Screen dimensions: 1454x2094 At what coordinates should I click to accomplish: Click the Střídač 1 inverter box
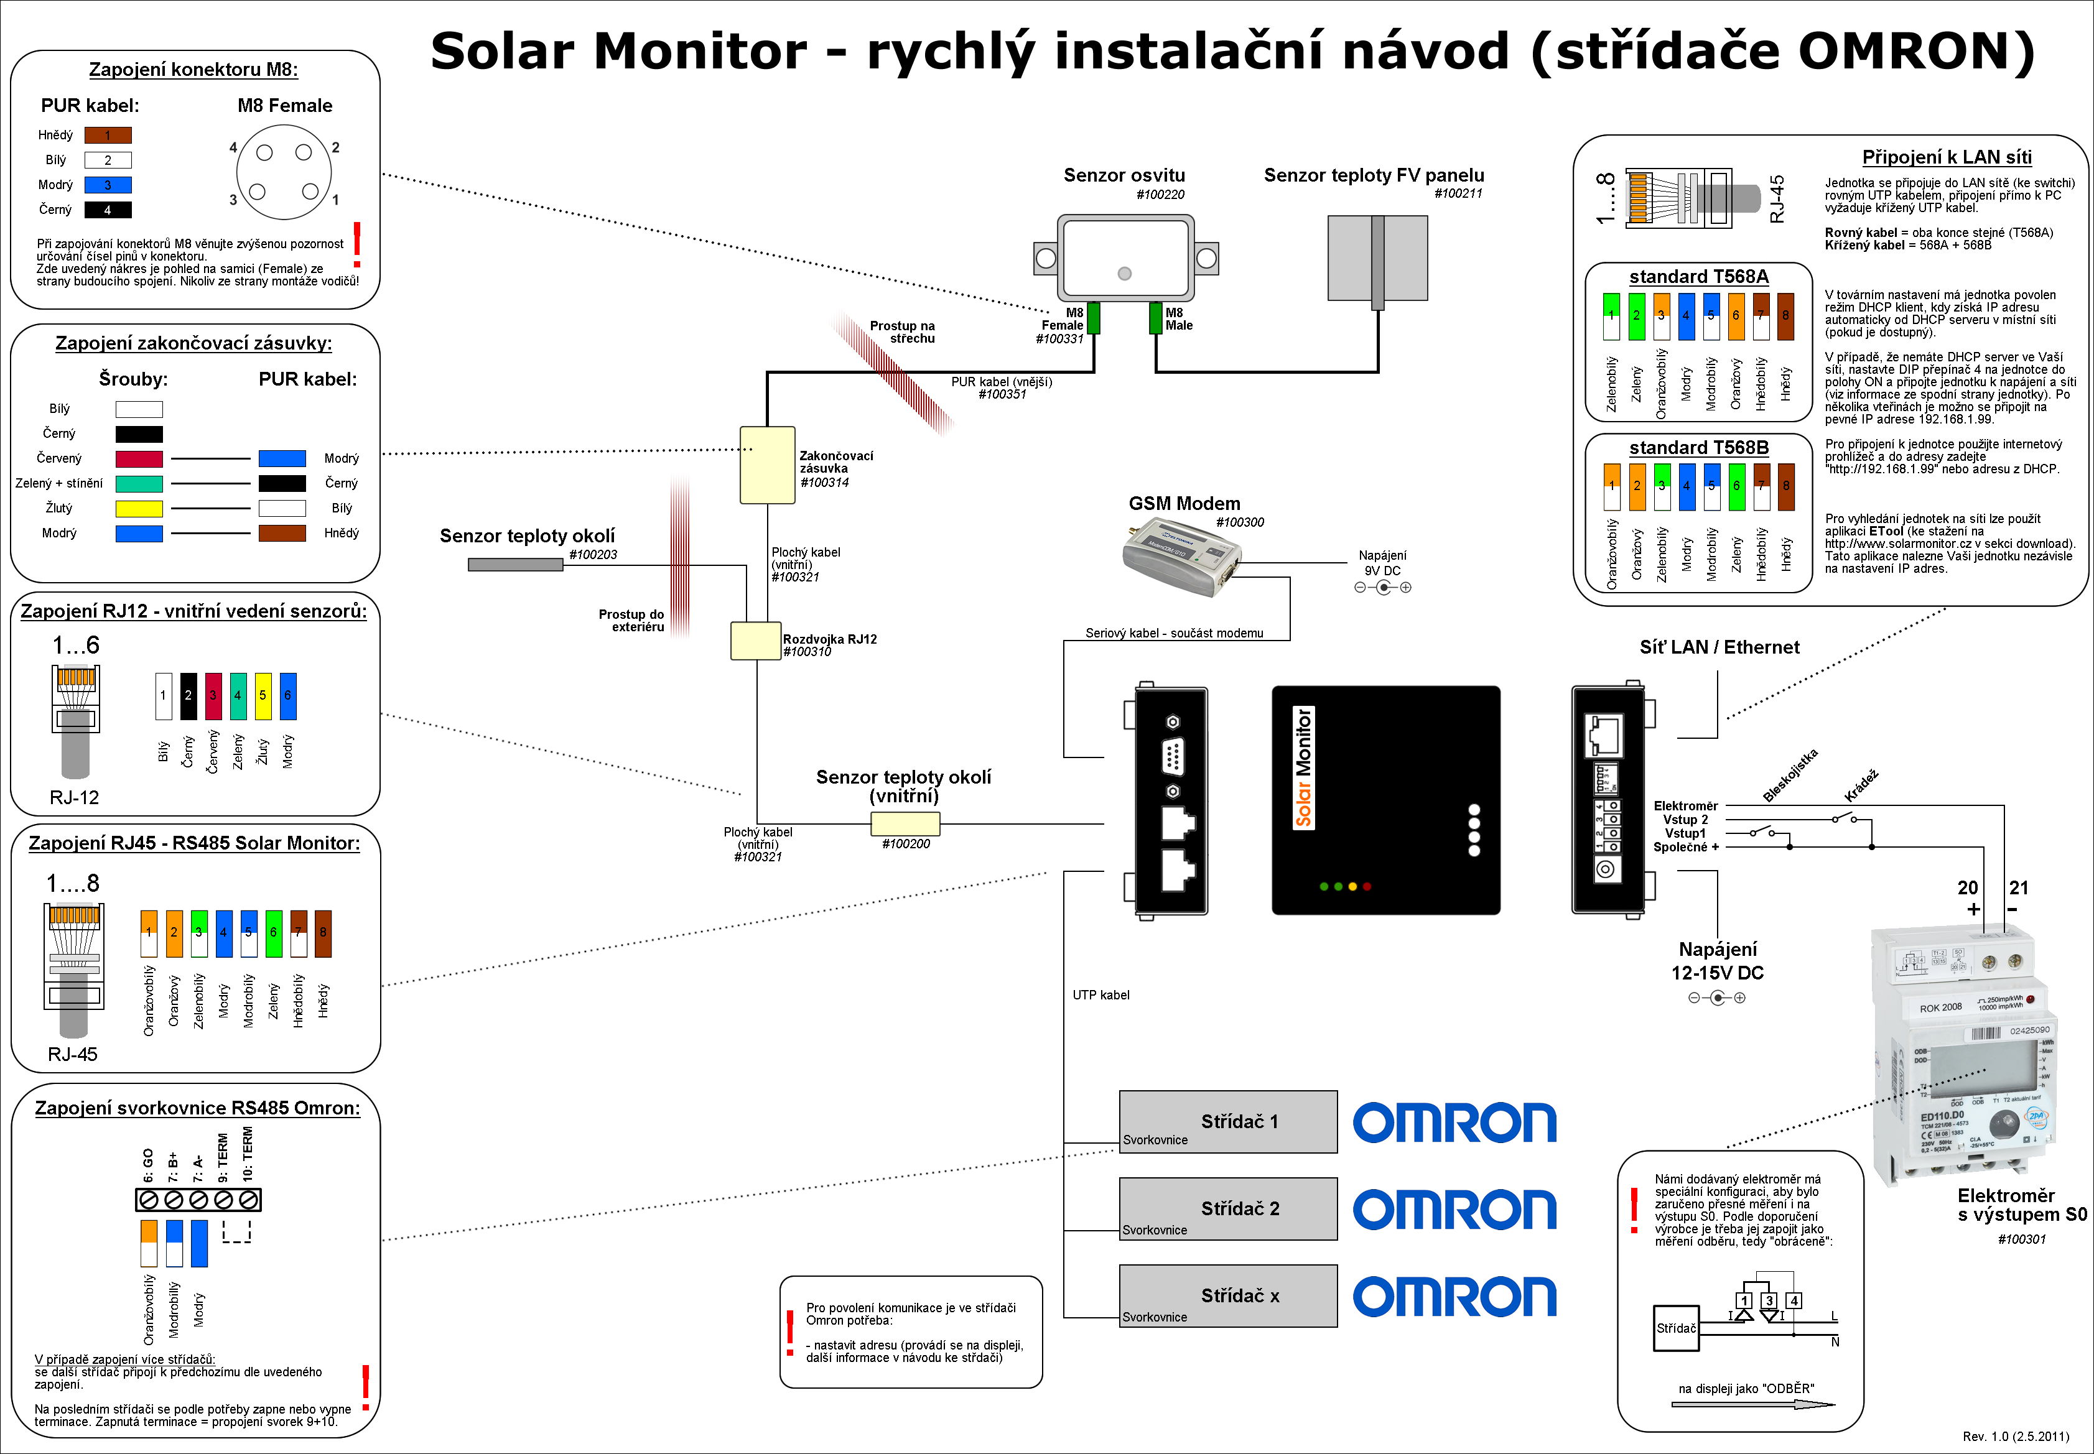[1227, 1121]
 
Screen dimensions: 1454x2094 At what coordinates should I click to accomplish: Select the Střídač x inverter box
[1227, 1295]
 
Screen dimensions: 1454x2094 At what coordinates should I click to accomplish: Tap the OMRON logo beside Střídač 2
[1454, 1210]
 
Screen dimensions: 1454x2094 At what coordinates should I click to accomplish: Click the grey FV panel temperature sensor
[1377, 259]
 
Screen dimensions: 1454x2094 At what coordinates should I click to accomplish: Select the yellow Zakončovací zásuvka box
[767, 465]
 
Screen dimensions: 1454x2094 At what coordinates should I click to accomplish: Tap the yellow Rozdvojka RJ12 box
[755, 641]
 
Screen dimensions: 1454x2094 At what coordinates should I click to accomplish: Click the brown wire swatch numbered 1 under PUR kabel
[108, 136]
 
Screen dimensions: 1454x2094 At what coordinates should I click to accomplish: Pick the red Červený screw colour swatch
[139, 459]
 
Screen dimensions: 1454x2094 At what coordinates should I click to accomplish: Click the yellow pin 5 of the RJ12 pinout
[263, 696]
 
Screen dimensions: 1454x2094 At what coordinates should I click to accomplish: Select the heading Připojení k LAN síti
[1947, 157]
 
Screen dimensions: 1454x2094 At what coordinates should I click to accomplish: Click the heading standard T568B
[1698, 447]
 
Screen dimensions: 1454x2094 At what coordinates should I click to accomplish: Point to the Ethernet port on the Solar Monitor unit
[1604, 735]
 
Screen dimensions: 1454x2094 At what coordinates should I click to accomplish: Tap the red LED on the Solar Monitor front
[1367, 886]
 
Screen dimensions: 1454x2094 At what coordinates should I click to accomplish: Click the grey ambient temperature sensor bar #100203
[515, 565]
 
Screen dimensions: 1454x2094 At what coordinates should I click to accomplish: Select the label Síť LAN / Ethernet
[1719, 647]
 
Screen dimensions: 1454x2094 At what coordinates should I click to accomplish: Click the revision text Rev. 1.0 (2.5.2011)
[2016, 1437]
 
